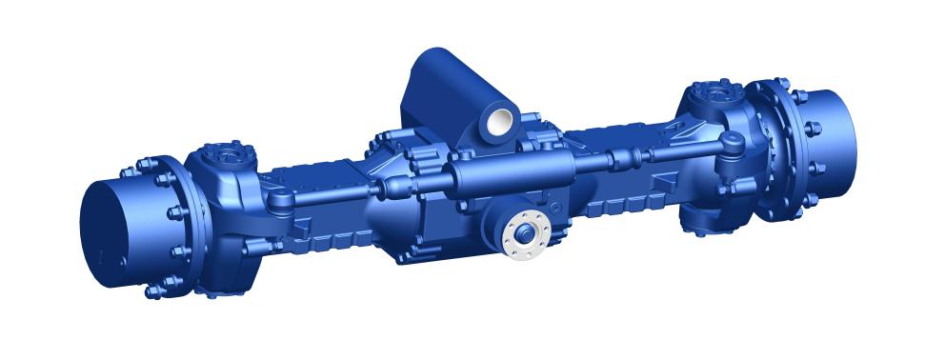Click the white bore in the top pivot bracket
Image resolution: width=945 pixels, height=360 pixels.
[x=499, y=120]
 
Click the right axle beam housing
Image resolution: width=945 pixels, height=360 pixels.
[x=629, y=181]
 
